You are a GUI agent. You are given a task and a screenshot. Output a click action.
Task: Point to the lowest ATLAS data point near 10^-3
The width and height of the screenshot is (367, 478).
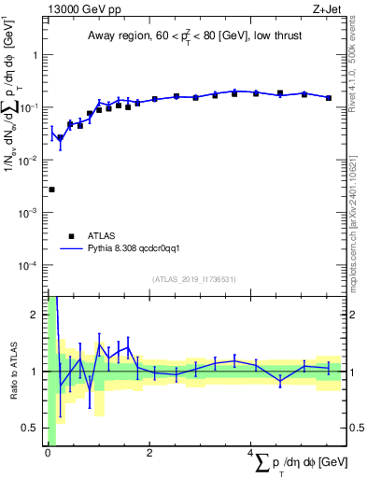pos(51,190)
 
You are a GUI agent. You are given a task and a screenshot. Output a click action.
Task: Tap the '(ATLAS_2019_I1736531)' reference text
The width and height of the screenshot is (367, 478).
pos(194,278)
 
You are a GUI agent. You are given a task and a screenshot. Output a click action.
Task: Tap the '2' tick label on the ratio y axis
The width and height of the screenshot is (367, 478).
pos(35,315)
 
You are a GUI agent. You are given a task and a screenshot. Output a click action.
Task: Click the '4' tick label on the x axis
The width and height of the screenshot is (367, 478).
pos(250,454)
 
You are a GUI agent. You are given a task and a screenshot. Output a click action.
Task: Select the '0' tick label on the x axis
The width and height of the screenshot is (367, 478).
pos(47,454)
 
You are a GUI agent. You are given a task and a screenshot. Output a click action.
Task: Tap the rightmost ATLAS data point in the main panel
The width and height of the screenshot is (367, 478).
pos(329,97)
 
